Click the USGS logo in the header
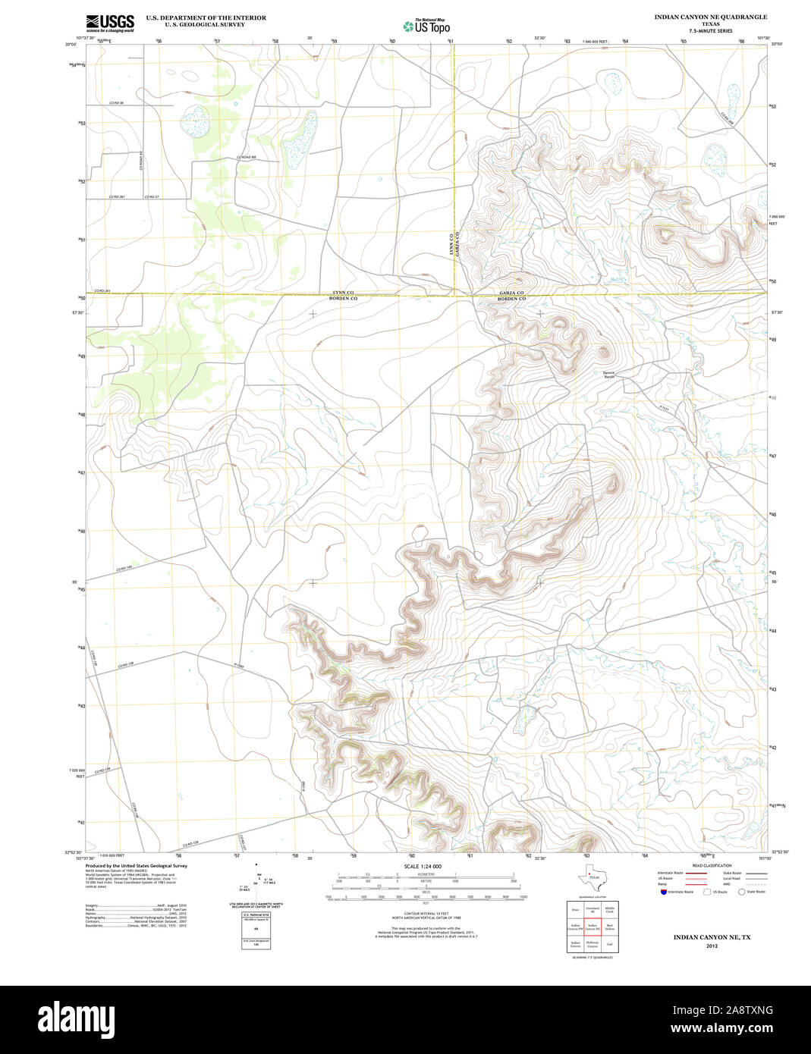(x=110, y=22)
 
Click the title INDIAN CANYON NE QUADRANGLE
(x=710, y=17)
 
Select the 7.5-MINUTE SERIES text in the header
(x=710, y=31)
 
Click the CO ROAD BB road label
(x=246, y=158)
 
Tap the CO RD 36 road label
(x=115, y=103)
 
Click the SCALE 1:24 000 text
(x=423, y=866)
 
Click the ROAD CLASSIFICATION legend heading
(x=712, y=865)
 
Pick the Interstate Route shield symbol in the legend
(x=662, y=892)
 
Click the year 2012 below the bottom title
(x=711, y=946)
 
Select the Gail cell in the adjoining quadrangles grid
(x=609, y=945)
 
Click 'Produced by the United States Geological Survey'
(x=137, y=865)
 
